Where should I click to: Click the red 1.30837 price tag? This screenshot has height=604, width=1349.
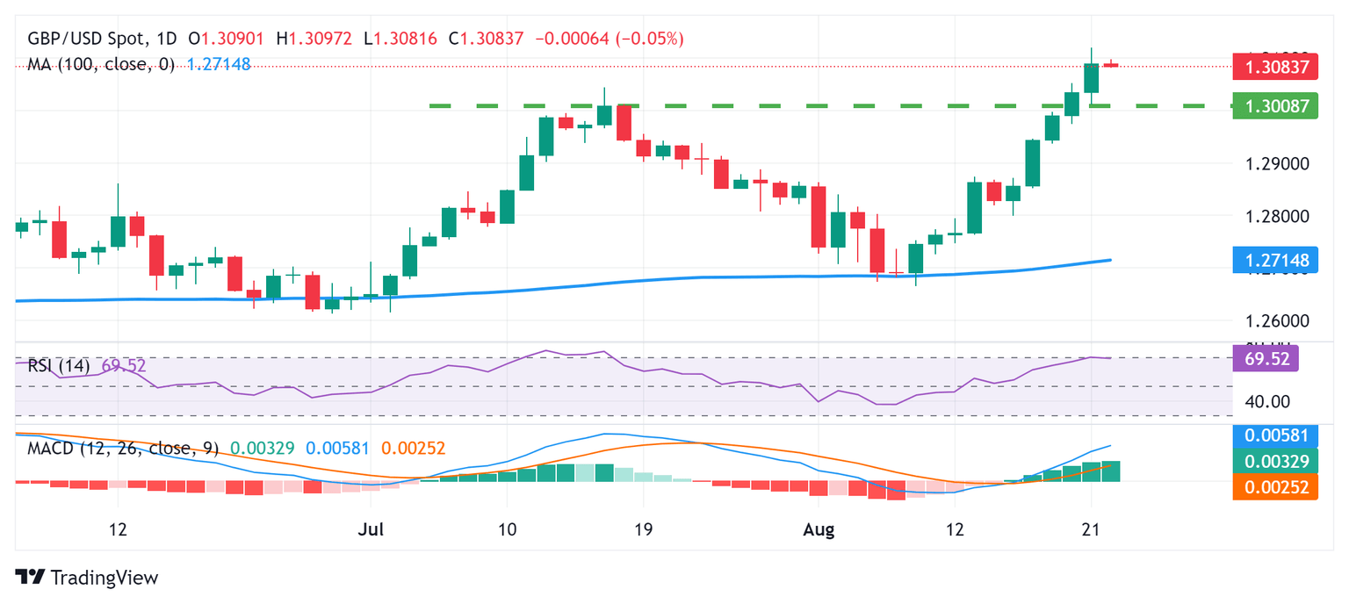(x=1275, y=66)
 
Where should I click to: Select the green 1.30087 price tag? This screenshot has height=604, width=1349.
(x=1275, y=105)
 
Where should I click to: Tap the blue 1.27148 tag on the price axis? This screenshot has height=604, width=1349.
(x=1275, y=261)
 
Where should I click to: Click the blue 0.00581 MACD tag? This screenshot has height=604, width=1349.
(x=1275, y=435)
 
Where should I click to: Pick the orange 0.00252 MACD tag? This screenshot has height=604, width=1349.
(x=1275, y=487)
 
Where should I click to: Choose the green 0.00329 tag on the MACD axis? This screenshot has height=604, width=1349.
(x=1275, y=461)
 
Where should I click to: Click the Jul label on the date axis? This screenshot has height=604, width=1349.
(x=371, y=530)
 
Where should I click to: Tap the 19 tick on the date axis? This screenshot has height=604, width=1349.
(x=643, y=530)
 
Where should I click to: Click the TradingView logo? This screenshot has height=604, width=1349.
(x=88, y=578)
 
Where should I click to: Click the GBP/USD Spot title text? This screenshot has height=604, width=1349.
(x=84, y=39)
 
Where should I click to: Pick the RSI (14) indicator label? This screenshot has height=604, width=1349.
(x=59, y=365)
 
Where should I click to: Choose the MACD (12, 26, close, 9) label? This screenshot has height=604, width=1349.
(x=122, y=448)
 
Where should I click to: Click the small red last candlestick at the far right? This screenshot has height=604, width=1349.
(x=1111, y=64)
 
